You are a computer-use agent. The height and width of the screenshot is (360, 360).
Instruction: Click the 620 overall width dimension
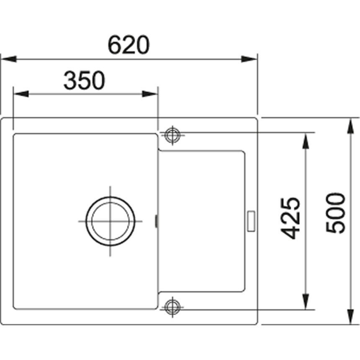129,45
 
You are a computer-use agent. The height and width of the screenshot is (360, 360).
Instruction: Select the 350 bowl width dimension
83,80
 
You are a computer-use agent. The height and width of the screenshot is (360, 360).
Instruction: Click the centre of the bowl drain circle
111,221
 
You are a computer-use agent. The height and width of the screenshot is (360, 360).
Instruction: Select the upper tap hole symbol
171,135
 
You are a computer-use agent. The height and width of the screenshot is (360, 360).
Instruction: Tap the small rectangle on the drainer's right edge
252,221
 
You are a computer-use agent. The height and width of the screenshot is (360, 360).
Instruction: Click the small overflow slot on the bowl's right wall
157,221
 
